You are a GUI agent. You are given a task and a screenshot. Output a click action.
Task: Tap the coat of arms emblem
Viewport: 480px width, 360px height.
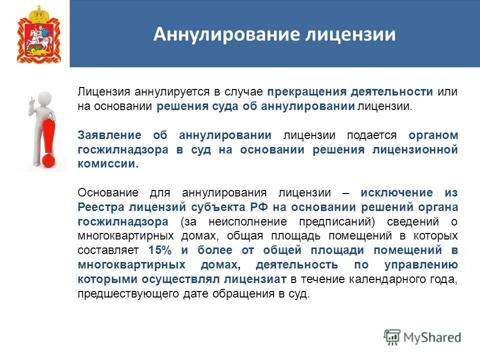tap(39, 34)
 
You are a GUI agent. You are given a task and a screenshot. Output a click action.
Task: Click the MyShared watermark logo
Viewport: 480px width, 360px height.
tap(423, 337)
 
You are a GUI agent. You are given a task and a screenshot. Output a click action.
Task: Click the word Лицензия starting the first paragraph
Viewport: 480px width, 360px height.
tap(97, 92)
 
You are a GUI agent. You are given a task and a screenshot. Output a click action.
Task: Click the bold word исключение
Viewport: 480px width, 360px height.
tap(396, 192)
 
